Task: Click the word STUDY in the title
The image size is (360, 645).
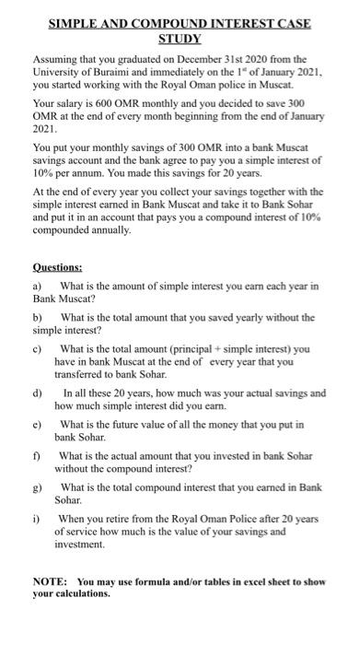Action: (x=180, y=37)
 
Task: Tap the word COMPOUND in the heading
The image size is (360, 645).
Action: (x=166, y=22)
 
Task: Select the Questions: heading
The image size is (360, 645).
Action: (x=57, y=268)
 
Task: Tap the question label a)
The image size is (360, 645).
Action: (x=37, y=287)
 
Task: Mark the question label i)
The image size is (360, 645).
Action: (x=37, y=518)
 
